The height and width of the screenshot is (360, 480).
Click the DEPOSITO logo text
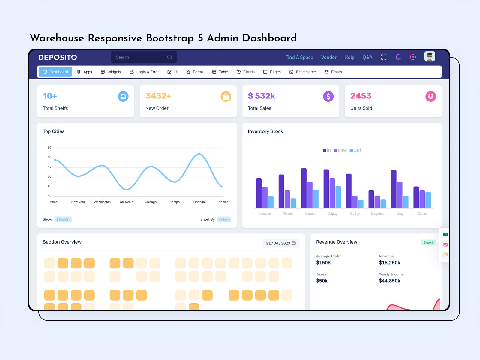(x=58, y=57)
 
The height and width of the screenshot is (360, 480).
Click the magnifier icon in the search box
(x=170, y=57)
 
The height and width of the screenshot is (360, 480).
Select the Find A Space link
(x=299, y=57)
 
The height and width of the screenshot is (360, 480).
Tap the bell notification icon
(x=398, y=57)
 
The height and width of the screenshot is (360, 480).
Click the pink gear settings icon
(x=413, y=57)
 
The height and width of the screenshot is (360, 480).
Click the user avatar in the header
(x=430, y=56)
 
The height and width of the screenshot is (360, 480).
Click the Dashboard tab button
(x=55, y=72)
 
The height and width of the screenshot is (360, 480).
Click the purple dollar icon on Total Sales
(x=328, y=96)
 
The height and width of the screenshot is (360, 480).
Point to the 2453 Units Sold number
(x=361, y=96)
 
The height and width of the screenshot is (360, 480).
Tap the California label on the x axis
(x=126, y=202)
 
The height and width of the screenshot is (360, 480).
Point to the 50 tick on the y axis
(x=49, y=157)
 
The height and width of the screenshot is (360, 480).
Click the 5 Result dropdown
(x=64, y=220)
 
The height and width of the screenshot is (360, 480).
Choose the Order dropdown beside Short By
(x=224, y=220)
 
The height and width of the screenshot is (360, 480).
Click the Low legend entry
(x=340, y=150)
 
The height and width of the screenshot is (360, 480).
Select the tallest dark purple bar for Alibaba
(x=304, y=188)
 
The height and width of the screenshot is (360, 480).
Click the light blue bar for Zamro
(x=428, y=200)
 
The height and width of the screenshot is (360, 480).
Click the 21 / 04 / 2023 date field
(x=281, y=243)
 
